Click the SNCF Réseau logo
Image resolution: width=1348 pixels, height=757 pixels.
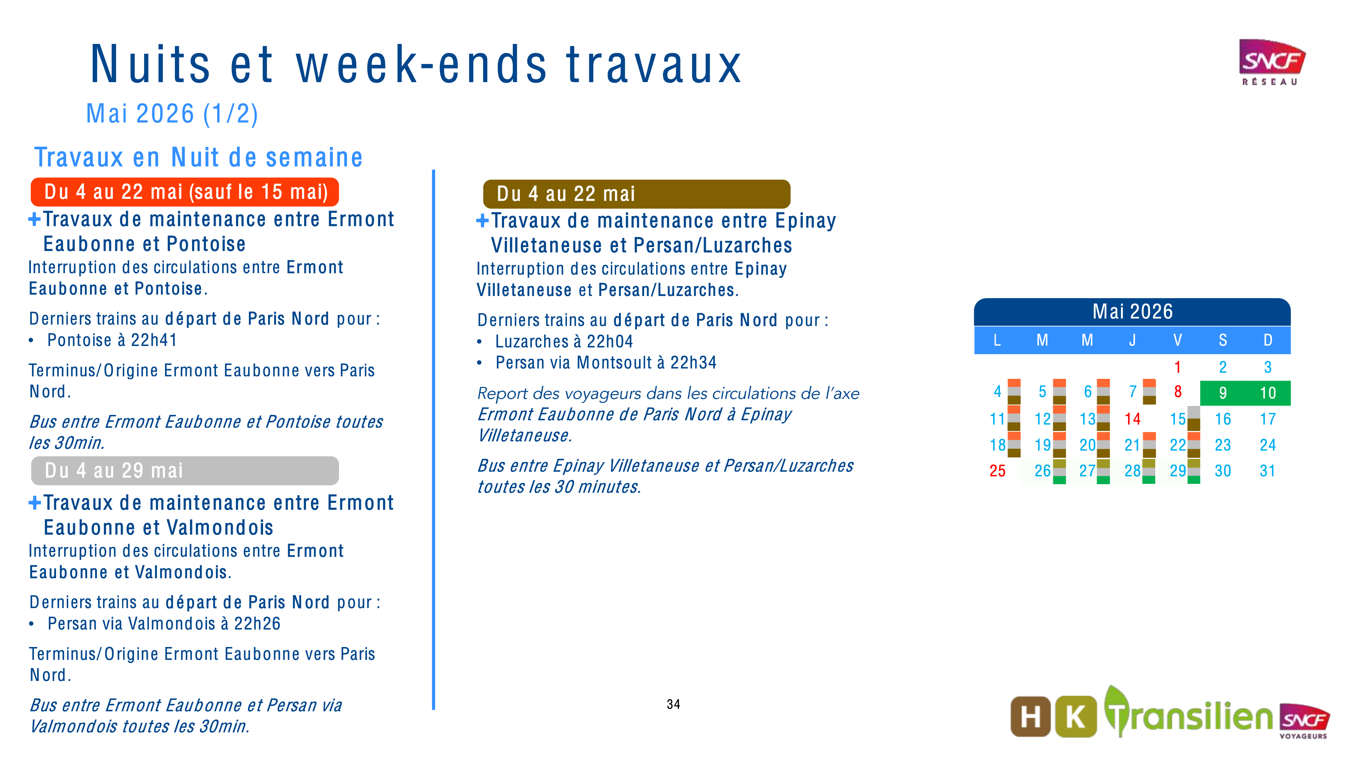point(1271,62)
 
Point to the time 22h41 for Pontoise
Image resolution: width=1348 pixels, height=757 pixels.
point(154,340)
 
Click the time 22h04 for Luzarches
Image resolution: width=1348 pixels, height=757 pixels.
point(610,342)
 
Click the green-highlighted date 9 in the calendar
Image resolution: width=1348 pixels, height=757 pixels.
point(1222,393)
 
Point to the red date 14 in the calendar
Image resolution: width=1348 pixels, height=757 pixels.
point(1132,419)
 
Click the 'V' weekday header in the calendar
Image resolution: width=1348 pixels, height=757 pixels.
point(1177,341)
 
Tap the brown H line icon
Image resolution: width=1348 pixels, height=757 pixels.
point(1030,717)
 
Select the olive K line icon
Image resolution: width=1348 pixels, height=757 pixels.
point(1075,717)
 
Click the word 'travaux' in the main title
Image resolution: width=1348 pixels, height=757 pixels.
point(654,65)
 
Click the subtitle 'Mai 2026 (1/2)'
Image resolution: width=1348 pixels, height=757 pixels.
point(172,114)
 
